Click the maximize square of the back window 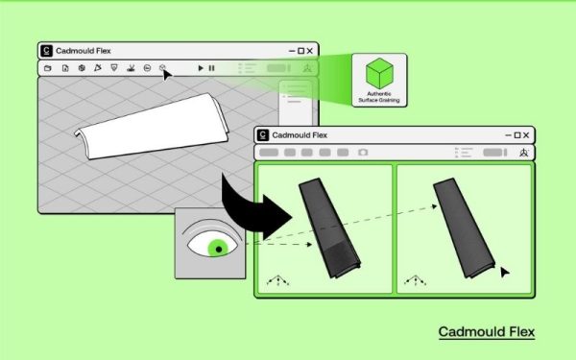(300, 51)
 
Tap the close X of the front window (526, 135)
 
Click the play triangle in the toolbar (201, 68)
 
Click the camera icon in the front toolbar (363, 153)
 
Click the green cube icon (381, 74)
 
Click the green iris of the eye (222, 249)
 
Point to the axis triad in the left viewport (278, 280)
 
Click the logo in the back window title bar (47, 51)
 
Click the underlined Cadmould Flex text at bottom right (486, 332)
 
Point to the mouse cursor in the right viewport (505, 273)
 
